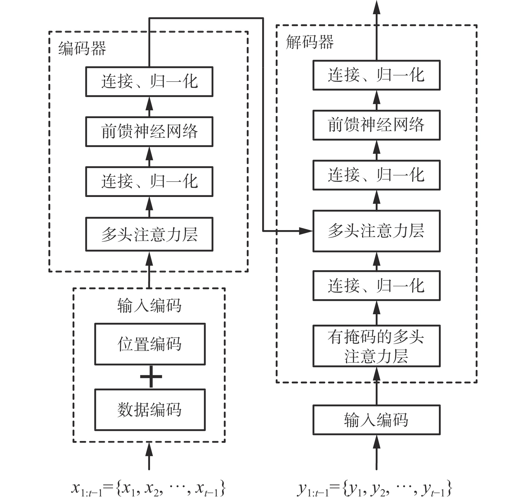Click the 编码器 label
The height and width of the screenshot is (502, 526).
tap(82, 49)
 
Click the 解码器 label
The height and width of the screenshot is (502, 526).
tap(309, 43)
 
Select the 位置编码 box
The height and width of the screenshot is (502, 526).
tap(150, 344)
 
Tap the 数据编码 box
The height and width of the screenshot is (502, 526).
tap(150, 410)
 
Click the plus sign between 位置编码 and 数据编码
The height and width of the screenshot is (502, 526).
tap(151, 377)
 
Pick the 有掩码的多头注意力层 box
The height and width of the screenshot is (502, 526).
tap(376, 346)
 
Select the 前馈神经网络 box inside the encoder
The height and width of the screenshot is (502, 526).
tap(149, 131)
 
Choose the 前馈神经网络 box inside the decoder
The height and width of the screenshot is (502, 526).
tap(376, 125)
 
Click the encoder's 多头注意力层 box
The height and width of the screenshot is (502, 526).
tap(149, 234)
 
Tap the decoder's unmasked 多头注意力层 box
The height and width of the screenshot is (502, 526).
tap(376, 231)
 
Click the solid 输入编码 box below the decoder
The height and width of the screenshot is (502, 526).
tap(376, 420)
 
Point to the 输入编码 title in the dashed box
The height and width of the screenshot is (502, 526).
tap(149, 306)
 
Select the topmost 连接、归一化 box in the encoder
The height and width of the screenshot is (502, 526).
tap(149, 82)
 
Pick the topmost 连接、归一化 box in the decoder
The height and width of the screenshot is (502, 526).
tap(376, 75)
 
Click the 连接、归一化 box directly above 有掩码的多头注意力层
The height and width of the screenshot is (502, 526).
tap(376, 286)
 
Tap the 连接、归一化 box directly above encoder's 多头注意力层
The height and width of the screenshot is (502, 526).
tap(149, 182)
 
